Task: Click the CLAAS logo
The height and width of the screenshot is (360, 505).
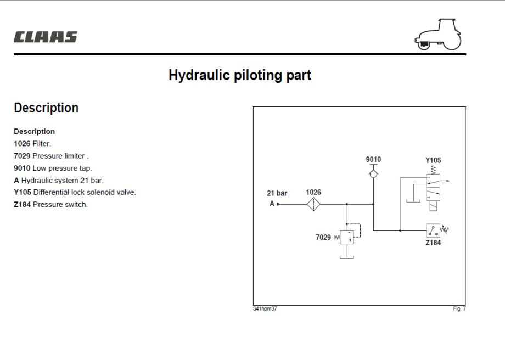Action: pyautogui.click(x=46, y=38)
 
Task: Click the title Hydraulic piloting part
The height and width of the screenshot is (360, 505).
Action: pyautogui.click(x=240, y=76)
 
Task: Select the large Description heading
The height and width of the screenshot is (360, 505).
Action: pyautogui.click(x=46, y=108)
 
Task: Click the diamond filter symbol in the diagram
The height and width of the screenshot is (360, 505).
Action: pyautogui.click(x=314, y=204)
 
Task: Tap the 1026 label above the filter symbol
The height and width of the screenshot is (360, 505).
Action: pyautogui.click(x=313, y=192)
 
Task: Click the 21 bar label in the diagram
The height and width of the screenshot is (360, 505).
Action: pyautogui.click(x=277, y=193)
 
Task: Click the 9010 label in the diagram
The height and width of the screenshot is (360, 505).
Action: pyautogui.click(x=373, y=159)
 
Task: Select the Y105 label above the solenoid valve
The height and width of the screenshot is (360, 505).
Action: pyautogui.click(x=433, y=161)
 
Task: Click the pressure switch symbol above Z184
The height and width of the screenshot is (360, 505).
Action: pyautogui.click(x=432, y=230)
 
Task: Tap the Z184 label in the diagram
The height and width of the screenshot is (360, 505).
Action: pyautogui.click(x=433, y=243)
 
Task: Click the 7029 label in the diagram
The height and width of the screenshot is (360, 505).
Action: pyautogui.click(x=323, y=237)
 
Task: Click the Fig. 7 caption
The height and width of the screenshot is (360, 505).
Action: pyautogui.click(x=459, y=308)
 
